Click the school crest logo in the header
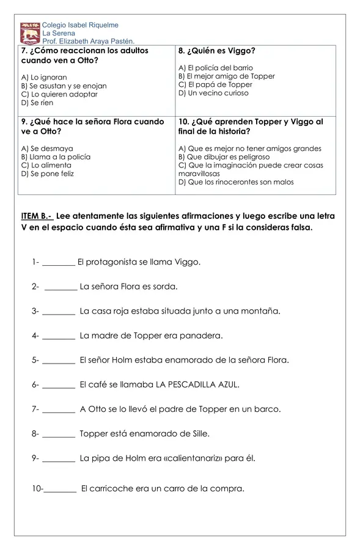(30, 33)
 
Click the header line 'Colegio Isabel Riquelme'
(80, 25)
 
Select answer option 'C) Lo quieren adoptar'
(59, 95)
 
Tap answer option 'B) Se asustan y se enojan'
(64, 86)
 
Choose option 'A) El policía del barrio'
(216, 68)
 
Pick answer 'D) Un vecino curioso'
(213, 94)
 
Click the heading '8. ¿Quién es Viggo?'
(217, 51)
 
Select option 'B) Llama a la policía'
(56, 157)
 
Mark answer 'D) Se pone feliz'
(47, 174)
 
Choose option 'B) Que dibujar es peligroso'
(224, 157)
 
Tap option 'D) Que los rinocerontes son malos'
(236, 182)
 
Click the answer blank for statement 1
(59, 263)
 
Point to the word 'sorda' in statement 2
(166, 286)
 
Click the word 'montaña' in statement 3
(262, 311)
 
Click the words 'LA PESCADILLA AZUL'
(197, 384)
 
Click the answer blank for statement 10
(61, 489)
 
